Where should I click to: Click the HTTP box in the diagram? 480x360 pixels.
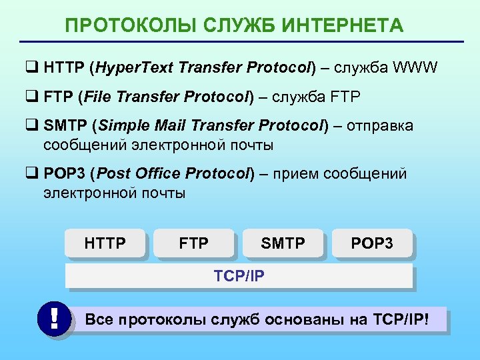[x=105, y=243]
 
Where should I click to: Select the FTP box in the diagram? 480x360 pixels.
[x=193, y=243]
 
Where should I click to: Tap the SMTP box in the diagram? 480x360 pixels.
[x=283, y=243]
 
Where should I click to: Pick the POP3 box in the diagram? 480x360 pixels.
[x=372, y=243]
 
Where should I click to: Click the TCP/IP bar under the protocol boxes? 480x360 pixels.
[x=239, y=275]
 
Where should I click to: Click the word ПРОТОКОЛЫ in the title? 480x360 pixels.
[x=119, y=26]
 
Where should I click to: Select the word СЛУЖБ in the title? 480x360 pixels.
[x=226, y=26]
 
